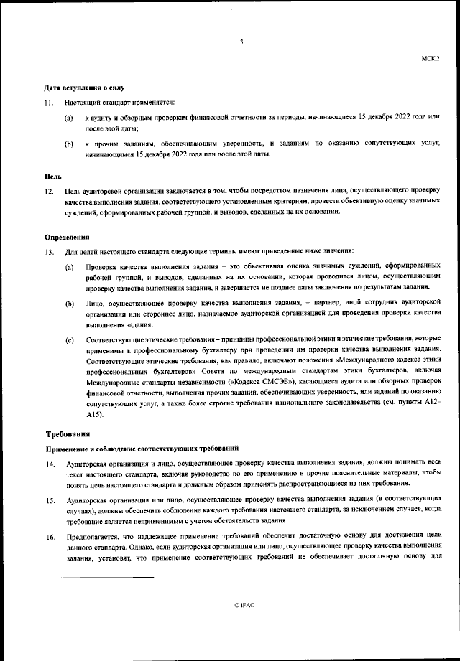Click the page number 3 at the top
241,42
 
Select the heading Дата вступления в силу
79,88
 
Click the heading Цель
54,175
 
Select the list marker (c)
70,339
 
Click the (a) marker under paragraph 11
70,116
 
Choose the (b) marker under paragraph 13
70,304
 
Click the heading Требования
68,434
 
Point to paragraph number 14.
49,464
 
